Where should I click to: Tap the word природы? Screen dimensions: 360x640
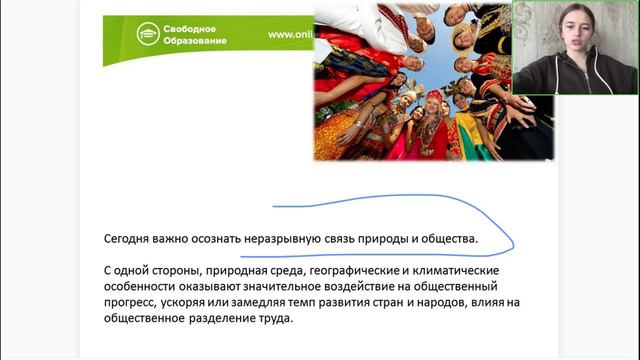pos(386,240)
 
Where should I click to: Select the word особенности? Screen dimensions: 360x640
pos(139,287)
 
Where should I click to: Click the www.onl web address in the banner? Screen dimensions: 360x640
pos(290,35)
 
